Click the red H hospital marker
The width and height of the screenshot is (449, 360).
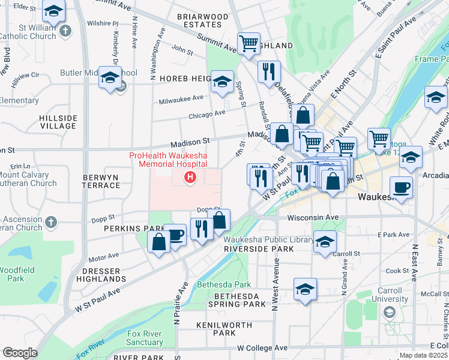pyautogui.click(x=190, y=177)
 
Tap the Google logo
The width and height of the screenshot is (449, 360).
pyautogui.click(x=20, y=353)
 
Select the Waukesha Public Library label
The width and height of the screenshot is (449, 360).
pyautogui.click(x=269, y=239)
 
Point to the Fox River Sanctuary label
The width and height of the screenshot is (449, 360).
pyautogui.click(x=145, y=338)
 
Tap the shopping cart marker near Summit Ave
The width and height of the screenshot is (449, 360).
pyautogui.click(x=249, y=43)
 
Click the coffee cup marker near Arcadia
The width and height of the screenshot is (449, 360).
pyautogui.click(x=401, y=187)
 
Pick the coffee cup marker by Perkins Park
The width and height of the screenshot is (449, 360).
pyautogui.click(x=175, y=235)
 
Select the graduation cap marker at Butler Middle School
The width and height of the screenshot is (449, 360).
pyautogui.click(x=110, y=77)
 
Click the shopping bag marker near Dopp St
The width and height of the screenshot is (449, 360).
pyautogui.click(x=219, y=220)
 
